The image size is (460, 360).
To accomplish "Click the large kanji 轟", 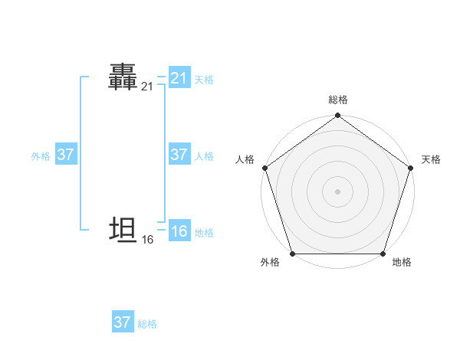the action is (123, 77).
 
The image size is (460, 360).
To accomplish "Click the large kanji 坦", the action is (123, 229).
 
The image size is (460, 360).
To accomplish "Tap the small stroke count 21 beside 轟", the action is (147, 88).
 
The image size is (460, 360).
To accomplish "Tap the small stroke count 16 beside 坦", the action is (147, 240).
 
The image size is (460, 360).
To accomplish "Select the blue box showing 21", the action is (179, 78).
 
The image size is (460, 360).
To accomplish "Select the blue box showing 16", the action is (179, 231).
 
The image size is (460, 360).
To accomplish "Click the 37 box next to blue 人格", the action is (179, 155).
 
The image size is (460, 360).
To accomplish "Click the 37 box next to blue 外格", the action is (66, 155).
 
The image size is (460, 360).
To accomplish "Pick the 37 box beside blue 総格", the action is (123, 322).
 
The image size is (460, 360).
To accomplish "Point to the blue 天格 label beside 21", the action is (204, 80).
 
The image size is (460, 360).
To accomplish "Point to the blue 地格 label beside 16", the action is (204, 233).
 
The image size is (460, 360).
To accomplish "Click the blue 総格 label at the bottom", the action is (147, 324).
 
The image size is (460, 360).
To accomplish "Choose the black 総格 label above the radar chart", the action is (337, 100).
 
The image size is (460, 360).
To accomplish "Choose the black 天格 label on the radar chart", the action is (431, 159).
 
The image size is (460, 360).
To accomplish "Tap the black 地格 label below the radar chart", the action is (402, 263).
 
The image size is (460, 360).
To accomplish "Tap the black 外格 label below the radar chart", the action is (270, 263).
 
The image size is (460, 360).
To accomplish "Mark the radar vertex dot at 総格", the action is (337, 116).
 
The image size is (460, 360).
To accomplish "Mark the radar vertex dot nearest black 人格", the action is (265, 168).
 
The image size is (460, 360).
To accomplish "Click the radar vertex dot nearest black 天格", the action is (410, 168).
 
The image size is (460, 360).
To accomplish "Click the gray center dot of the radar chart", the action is (337, 191).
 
